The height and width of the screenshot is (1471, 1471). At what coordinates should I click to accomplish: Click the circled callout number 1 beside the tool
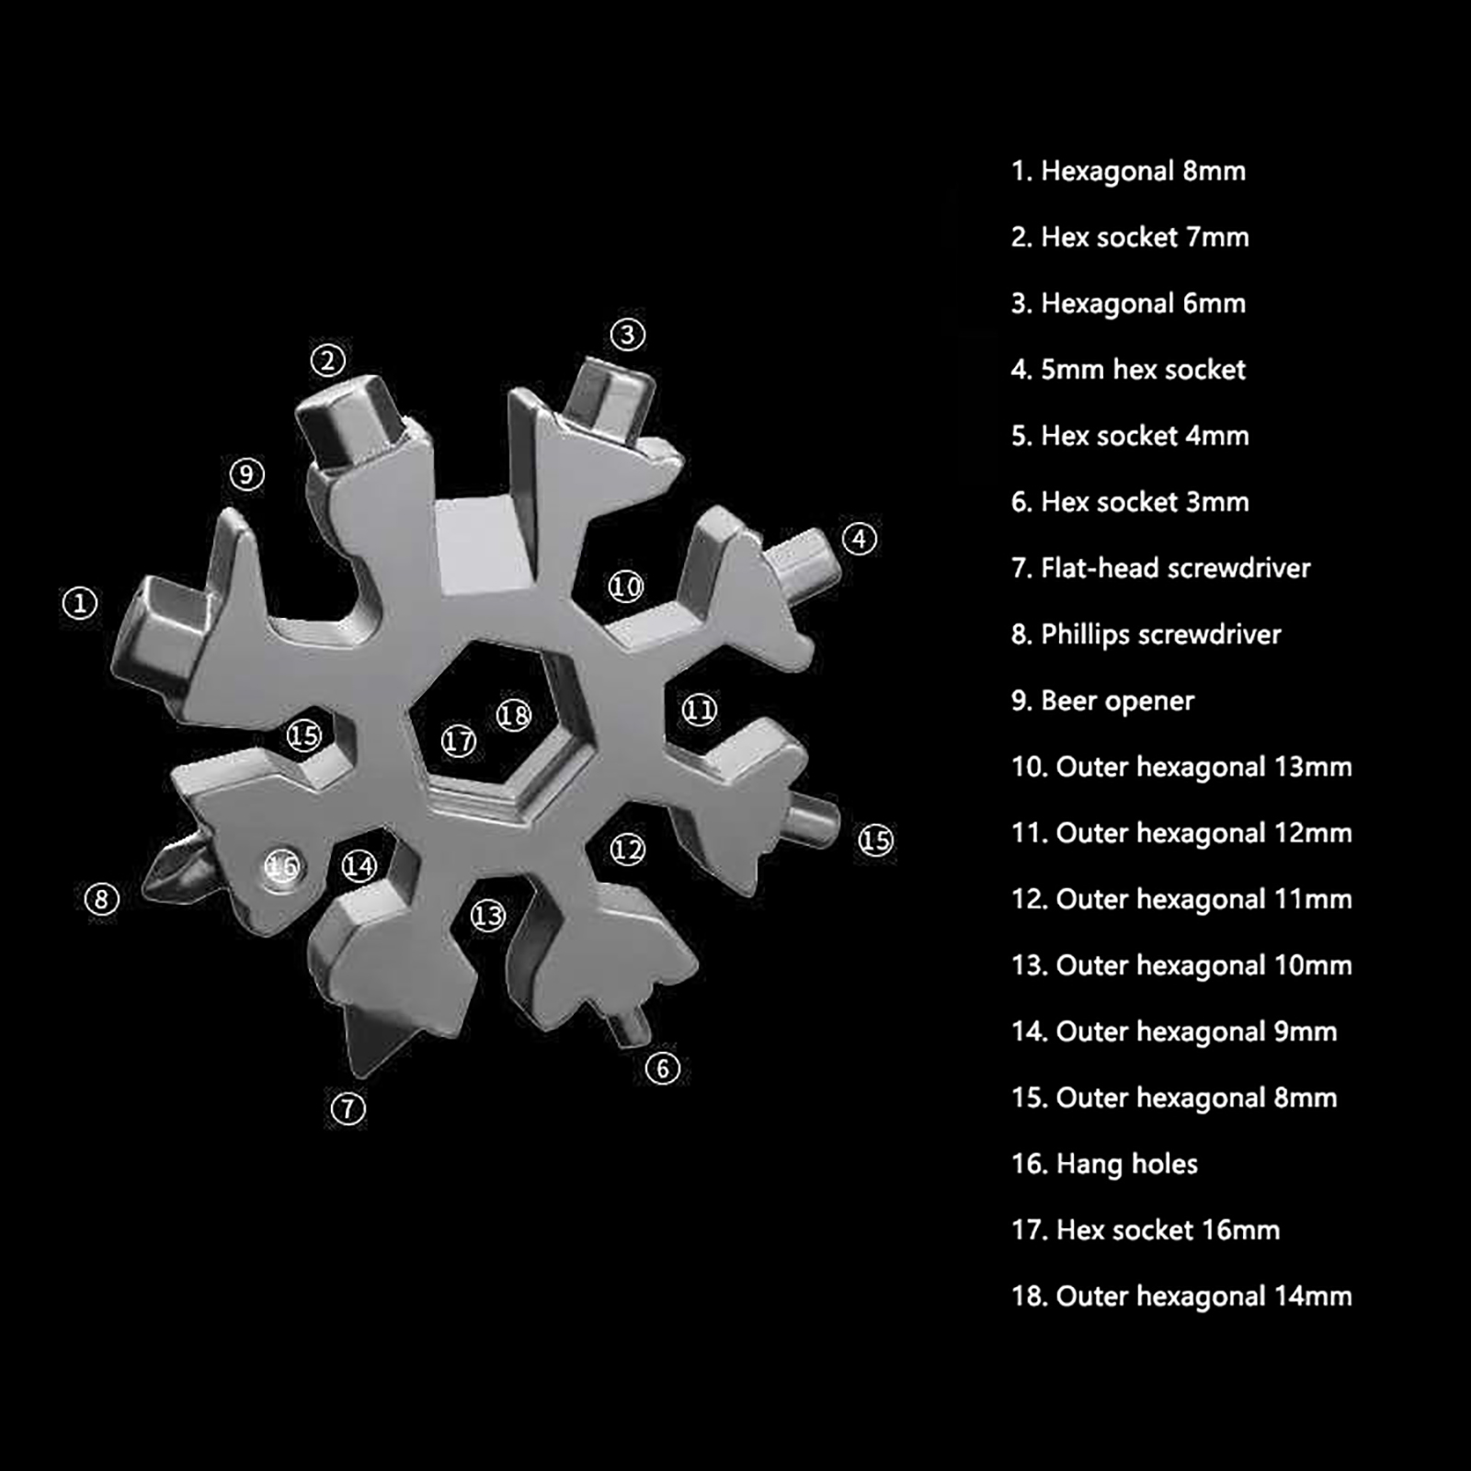80,603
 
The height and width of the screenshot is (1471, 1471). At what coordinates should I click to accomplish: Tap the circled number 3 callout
628,334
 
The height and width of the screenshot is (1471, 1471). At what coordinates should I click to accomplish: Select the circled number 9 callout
246,474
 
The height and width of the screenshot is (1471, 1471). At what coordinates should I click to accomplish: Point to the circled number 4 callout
860,539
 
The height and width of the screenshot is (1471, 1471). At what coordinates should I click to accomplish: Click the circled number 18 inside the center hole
514,715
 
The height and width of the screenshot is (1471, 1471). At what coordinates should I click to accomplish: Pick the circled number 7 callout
348,1108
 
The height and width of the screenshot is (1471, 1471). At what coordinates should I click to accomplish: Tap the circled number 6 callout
663,1068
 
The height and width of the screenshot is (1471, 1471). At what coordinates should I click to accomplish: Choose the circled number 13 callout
488,915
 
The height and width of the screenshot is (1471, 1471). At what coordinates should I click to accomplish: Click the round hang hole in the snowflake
283,866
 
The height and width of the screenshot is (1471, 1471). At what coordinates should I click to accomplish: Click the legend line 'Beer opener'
1102,701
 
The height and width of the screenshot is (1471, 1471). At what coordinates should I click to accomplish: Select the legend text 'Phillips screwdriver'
1146,634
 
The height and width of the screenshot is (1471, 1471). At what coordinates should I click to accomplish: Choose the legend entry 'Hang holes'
1104,1165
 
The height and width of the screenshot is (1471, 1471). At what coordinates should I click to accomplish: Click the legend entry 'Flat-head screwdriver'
1160,568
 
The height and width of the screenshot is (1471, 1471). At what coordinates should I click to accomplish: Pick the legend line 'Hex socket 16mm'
1145,1230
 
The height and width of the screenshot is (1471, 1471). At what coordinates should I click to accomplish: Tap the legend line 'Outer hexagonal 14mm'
1181,1296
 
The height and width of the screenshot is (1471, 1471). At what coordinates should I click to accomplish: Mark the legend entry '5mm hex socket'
1128,370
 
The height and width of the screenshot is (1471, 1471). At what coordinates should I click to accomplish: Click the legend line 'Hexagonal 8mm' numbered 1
1128,171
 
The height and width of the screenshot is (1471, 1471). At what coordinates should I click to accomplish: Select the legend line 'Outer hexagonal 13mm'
1181,767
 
